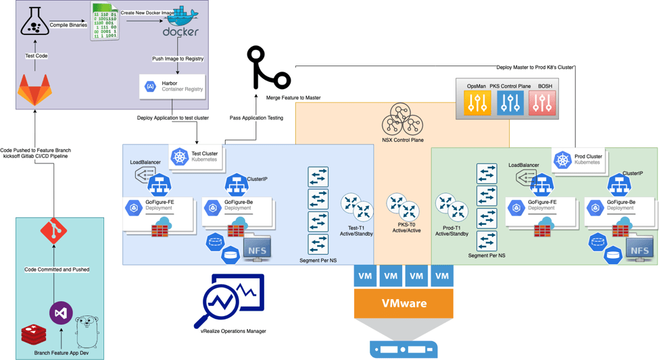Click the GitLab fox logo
click(34, 90)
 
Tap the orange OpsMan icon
click(477, 102)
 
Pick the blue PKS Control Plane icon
click(510, 102)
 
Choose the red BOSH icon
click(543, 102)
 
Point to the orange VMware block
click(404, 303)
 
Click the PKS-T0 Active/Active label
click(408, 228)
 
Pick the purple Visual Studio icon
click(61, 313)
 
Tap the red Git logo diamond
click(54, 232)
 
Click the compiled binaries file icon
click(105, 22)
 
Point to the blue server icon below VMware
click(404, 349)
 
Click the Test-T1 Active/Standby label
click(357, 231)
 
